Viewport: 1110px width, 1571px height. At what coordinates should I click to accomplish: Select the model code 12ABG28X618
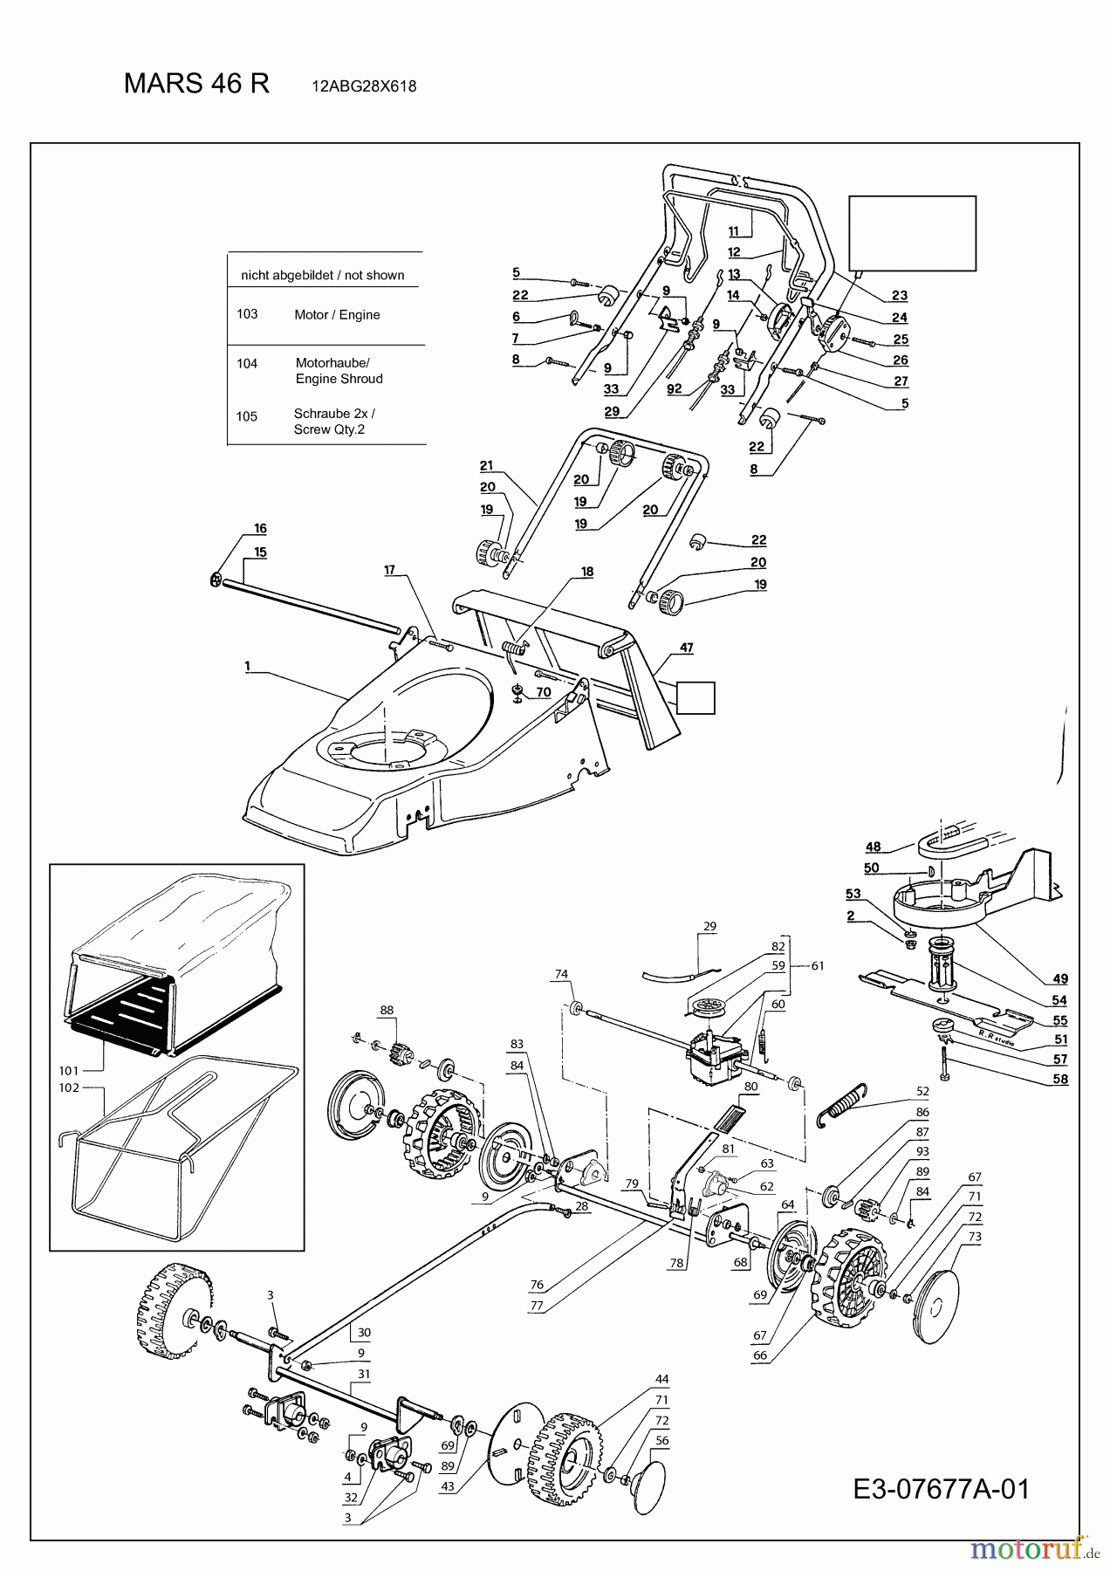(363, 86)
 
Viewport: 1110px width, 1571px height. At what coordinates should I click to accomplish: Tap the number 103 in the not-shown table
(247, 313)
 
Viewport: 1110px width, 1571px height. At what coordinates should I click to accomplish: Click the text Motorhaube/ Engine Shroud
(339, 370)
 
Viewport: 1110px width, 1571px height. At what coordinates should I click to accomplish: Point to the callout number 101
(69, 1070)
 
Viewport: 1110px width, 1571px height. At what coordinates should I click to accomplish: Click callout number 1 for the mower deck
(247, 666)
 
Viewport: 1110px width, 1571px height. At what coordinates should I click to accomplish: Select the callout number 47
(686, 648)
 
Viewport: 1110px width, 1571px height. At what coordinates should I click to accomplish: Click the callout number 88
(387, 1010)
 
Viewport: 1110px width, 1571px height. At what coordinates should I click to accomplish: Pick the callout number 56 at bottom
(661, 1441)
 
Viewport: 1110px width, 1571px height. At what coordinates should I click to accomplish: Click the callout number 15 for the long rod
(260, 552)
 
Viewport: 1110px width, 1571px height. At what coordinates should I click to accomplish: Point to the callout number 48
(873, 846)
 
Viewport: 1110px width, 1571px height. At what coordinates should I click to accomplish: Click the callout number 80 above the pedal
(750, 1087)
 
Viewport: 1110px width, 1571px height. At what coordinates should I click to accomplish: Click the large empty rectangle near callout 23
(912, 233)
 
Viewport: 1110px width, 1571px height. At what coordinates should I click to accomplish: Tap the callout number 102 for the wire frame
(69, 1087)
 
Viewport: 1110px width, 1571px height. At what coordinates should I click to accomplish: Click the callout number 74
(561, 973)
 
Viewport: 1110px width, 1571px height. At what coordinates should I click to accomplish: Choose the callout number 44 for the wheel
(661, 1379)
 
